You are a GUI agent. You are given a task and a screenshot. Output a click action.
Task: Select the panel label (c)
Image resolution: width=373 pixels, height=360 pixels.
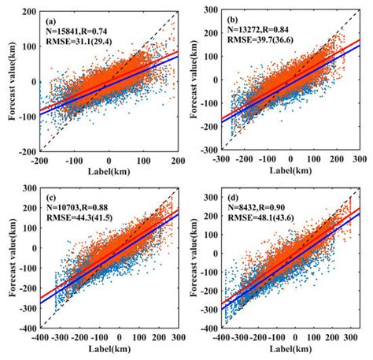(x=50, y=195)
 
